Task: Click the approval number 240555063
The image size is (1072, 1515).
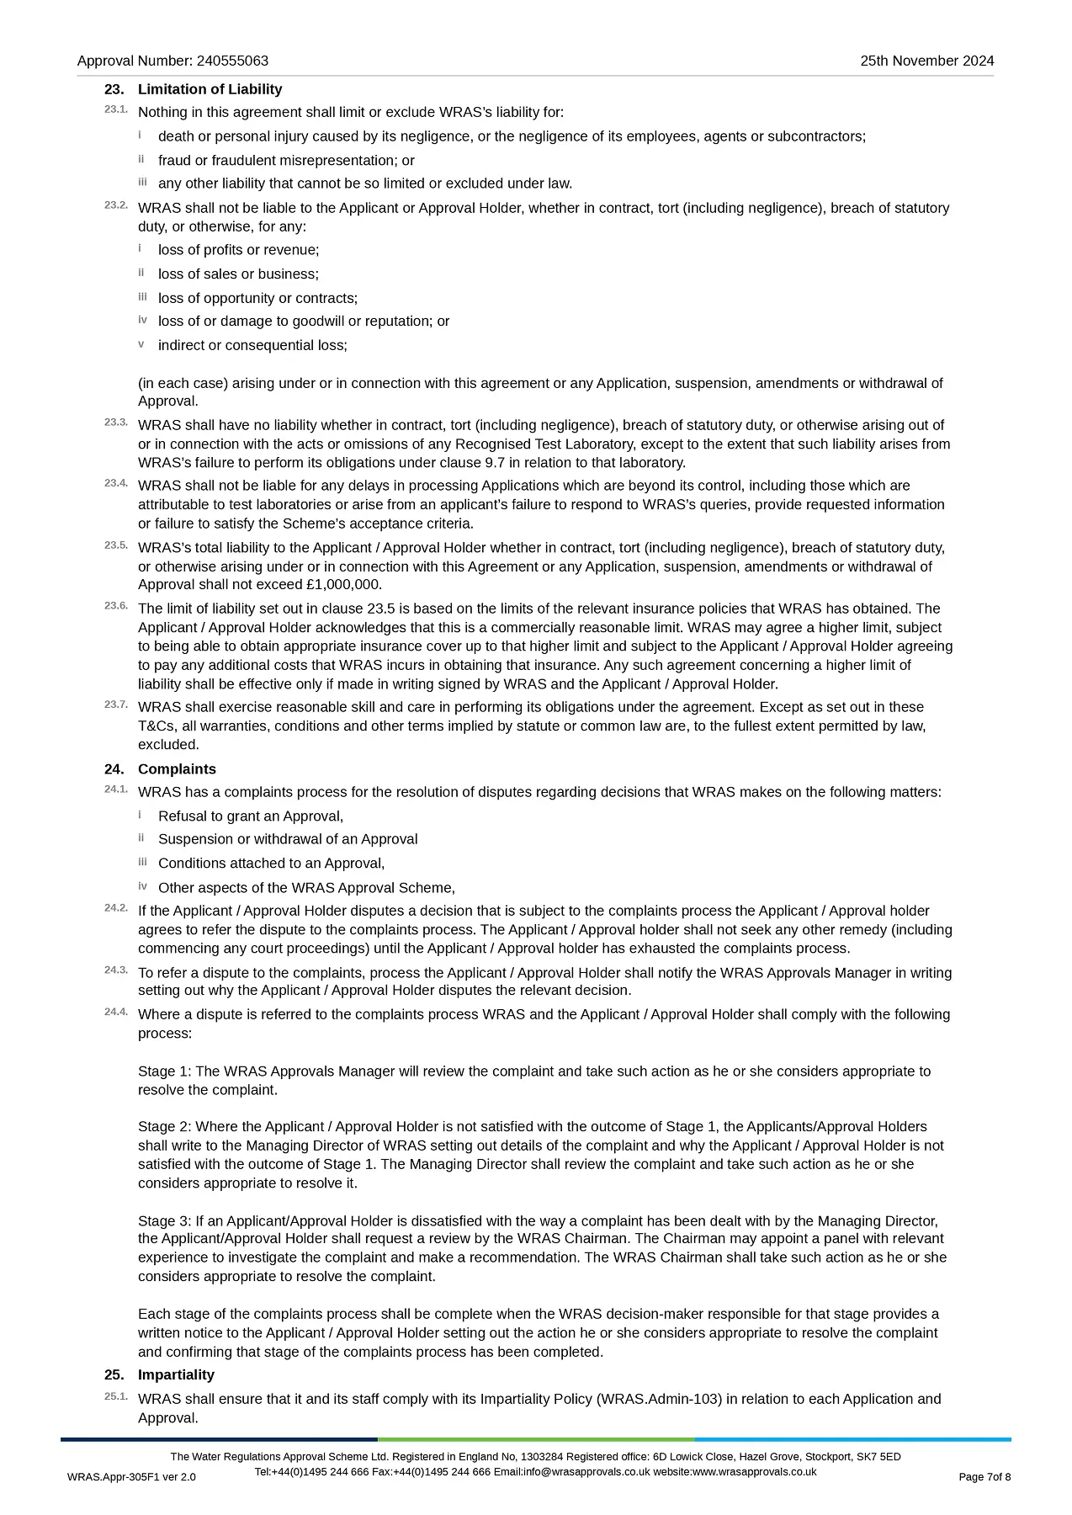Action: tap(232, 61)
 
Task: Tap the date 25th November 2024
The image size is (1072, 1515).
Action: tap(926, 61)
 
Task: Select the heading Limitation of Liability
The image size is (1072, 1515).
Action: tap(210, 89)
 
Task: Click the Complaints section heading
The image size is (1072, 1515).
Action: tap(177, 769)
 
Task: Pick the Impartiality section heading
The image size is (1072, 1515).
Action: tap(176, 1374)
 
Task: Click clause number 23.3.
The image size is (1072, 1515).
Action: tap(116, 422)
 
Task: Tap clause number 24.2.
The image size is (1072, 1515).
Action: tap(116, 908)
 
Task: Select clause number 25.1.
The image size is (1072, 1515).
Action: tap(116, 1396)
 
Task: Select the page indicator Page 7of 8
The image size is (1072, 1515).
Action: tap(984, 1477)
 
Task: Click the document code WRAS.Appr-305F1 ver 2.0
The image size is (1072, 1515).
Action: tap(131, 1477)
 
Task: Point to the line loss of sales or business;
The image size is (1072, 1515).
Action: tap(238, 274)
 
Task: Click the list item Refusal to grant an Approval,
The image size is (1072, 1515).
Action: tap(251, 816)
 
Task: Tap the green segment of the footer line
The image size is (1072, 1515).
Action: tap(536, 1439)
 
